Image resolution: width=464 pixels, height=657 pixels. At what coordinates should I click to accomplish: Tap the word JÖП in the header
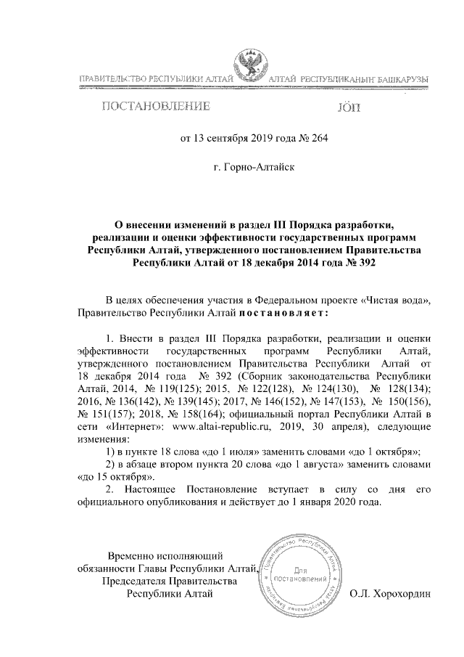click(x=348, y=109)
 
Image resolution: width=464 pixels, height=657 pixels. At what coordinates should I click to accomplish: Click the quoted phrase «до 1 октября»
click(x=383, y=452)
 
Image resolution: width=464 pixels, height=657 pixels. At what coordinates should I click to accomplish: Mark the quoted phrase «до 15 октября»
click(x=115, y=478)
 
